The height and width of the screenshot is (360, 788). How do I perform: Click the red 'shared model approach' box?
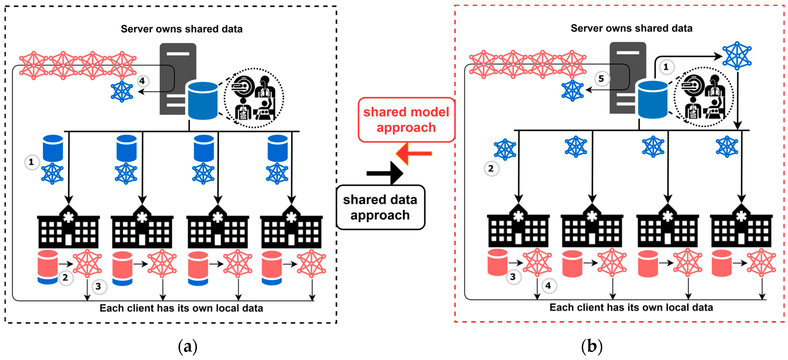pos(406,120)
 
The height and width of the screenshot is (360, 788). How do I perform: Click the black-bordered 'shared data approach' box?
pos(380,207)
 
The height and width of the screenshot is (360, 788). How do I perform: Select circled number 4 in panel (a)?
pos(142,81)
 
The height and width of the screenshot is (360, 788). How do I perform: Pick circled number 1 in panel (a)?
pos(31,162)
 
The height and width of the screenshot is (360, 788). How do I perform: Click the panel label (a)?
pos(187,346)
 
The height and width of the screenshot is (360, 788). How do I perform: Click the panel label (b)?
pos(592,346)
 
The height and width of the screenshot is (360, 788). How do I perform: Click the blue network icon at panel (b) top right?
pos(737,56)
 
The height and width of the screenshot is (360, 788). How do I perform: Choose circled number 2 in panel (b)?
pos(491,169)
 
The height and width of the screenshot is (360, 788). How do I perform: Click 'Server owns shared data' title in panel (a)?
pos(182,29)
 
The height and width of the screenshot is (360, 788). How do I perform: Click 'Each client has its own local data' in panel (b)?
pos(631,307)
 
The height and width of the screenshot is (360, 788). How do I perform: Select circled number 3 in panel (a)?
pos(98,287)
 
